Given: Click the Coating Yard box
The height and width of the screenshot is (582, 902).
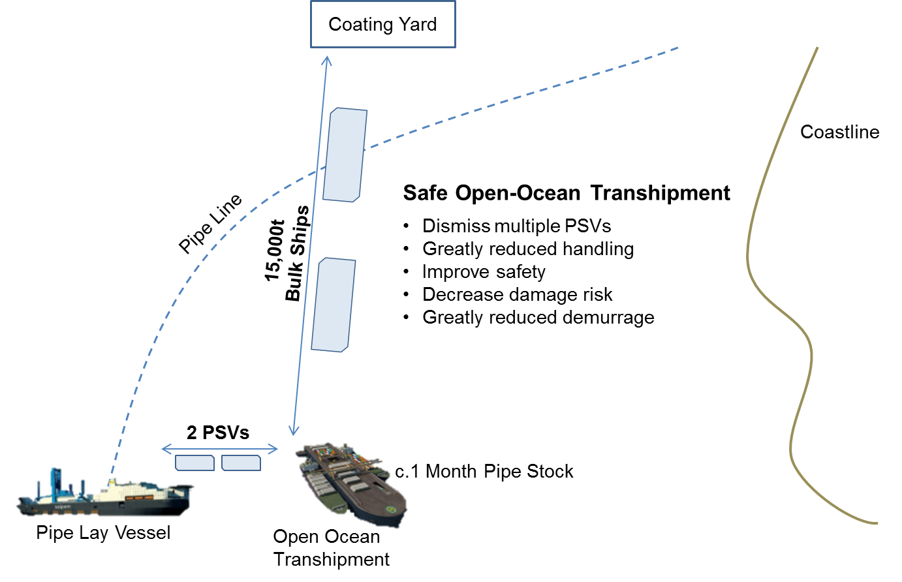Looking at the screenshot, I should [x=382, y=25].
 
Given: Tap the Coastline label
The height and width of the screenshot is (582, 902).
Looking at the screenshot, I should [x=839, y=132].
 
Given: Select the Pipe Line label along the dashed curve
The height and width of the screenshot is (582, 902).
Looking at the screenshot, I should [x=210, y=223].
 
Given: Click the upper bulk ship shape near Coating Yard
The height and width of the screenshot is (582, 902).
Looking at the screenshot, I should [x=345, y=155].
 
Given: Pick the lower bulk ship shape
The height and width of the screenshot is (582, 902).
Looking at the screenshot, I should [x=334, y=305].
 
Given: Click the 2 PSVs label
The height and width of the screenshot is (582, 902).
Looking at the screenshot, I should [x=218, y=433].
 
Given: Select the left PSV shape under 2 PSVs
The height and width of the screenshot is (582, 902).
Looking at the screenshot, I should [x=194, y=463].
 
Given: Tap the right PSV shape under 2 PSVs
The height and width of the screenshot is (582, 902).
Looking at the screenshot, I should [x=241, y=463].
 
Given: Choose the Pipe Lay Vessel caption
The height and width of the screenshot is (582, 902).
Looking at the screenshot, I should [x=103, y=533].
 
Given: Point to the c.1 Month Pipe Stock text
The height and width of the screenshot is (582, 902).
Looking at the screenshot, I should [x=484, y=472].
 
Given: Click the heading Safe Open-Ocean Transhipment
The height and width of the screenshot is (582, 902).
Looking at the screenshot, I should [x=566, y=193].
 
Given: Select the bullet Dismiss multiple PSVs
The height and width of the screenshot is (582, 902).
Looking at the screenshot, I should [x=516, y=226].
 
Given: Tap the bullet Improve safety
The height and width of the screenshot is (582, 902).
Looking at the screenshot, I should [x=483, y=272].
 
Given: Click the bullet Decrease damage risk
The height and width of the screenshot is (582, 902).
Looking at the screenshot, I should [x=517, y=295].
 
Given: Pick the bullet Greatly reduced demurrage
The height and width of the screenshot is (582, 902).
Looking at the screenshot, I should [x=538, y=318].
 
